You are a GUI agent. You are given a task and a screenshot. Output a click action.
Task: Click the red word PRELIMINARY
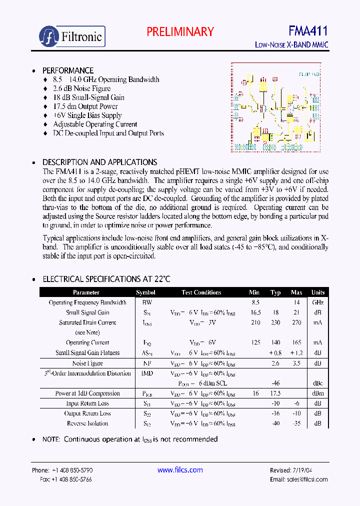180,31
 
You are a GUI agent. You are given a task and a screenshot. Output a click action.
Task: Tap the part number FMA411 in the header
308,31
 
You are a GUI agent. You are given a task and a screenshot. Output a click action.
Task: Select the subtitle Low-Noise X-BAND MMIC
291,45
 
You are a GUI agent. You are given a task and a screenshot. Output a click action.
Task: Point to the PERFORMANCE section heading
67,70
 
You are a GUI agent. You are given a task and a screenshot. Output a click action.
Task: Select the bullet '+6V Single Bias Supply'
87,115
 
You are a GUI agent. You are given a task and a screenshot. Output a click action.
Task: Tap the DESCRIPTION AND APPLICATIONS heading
99,162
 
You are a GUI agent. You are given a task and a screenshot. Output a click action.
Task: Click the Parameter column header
86,292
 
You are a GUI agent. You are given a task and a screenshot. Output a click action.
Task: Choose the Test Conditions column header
201,292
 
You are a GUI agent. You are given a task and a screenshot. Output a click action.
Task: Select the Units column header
317,292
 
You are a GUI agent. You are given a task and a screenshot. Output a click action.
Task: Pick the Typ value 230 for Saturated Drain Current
275,322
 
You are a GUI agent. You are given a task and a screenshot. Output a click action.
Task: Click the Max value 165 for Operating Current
296,342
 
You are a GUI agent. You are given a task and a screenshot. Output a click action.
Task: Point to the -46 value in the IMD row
275,383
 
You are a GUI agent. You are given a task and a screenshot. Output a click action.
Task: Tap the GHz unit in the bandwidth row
317,302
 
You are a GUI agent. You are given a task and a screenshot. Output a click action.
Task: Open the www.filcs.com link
180,470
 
